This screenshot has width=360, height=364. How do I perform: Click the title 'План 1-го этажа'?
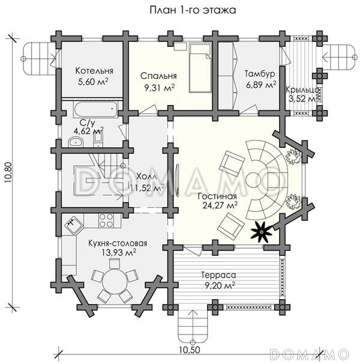coord(193,10)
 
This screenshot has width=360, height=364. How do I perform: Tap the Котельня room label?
coord(94,70)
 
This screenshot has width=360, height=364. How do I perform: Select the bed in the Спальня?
coord(200,68)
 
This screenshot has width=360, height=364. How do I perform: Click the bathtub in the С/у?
coord(95,109)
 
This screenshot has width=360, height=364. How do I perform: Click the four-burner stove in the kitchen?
coord(106,220)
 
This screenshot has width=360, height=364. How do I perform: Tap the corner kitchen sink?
coord(74,225)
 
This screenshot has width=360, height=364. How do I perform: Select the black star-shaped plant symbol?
coord(262,232)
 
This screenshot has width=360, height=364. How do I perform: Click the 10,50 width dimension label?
coord(190,350)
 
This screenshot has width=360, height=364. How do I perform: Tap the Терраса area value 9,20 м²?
coord(220,286)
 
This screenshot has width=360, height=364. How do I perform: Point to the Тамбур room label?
coord(260,74)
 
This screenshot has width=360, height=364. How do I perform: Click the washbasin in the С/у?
coord(75,142)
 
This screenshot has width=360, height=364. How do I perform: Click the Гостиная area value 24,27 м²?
coord(220,205)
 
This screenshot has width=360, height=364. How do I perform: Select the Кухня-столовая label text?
coord(118,243)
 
